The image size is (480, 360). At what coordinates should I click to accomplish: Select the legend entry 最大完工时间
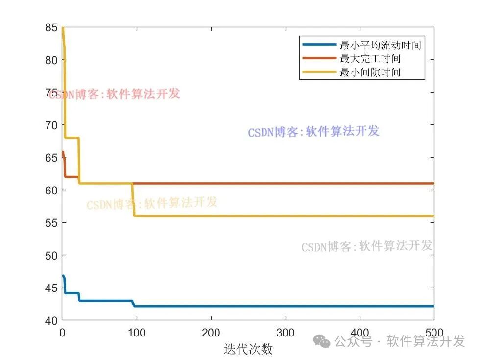point(370,59)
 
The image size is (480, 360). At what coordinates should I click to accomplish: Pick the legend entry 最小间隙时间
point(370,73)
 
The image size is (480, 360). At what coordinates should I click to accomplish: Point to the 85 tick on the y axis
point(50,27)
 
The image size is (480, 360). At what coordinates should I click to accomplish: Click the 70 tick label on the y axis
point(50,125)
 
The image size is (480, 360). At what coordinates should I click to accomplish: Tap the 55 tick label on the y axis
point(50,222)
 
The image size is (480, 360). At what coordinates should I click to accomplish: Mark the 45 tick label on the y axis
point(50,288)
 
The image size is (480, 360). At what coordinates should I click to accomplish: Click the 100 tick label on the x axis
point(137,332)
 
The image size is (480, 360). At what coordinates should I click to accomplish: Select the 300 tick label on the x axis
point(286,332)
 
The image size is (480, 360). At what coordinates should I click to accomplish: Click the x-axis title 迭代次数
point(248,349)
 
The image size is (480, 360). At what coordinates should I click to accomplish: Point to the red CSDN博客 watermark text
point(115,94)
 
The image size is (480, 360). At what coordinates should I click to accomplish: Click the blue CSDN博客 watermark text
point(313,131)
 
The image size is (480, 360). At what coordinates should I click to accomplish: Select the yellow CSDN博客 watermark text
point(152,203)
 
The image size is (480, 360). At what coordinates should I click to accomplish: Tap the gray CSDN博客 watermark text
point(367,246)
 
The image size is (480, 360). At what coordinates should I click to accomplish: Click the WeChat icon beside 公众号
point(322,341)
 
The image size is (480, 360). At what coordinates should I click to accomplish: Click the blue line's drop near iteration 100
point(133,304)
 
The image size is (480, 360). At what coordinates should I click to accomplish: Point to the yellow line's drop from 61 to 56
point(133,200)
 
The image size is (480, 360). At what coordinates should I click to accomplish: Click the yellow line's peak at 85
point(63,28)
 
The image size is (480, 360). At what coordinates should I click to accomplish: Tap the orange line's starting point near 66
point(63,152)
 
